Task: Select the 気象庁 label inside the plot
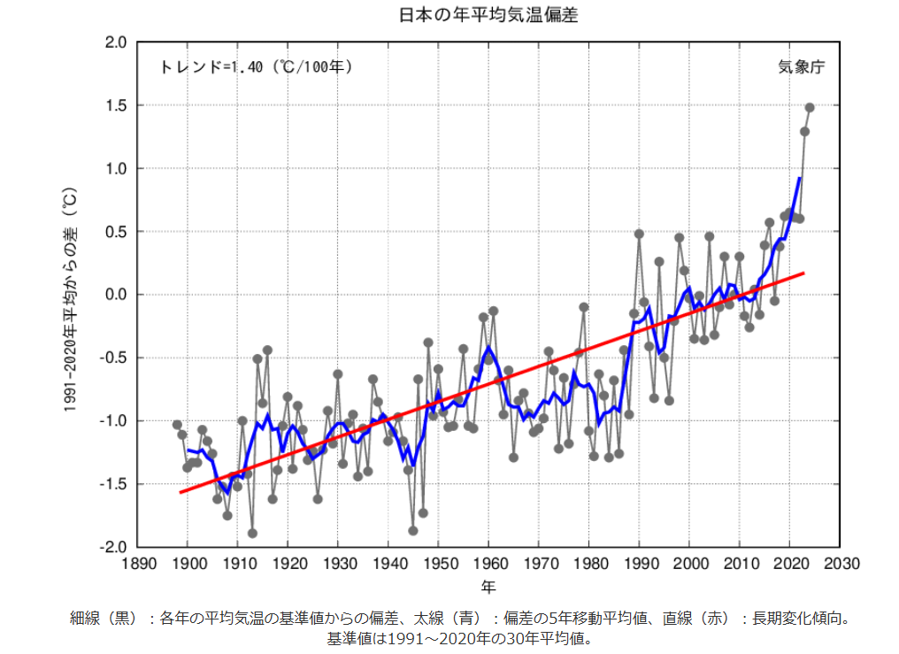coord(801,67)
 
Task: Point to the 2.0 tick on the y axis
coord(117,42)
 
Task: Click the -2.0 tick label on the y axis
coord(114,548)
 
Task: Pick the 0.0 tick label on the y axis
coord(117,295)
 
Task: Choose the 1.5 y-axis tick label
coord(117,105)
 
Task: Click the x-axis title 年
coord(488,587)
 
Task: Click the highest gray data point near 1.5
coord(810,108)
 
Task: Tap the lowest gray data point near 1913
coord(252,533)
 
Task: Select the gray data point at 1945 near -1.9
coord(413,530)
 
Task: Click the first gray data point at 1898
coord(177,425)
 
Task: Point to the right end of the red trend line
coord(803,273)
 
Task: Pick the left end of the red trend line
coord(180,492)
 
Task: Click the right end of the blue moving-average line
coord(799,178)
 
